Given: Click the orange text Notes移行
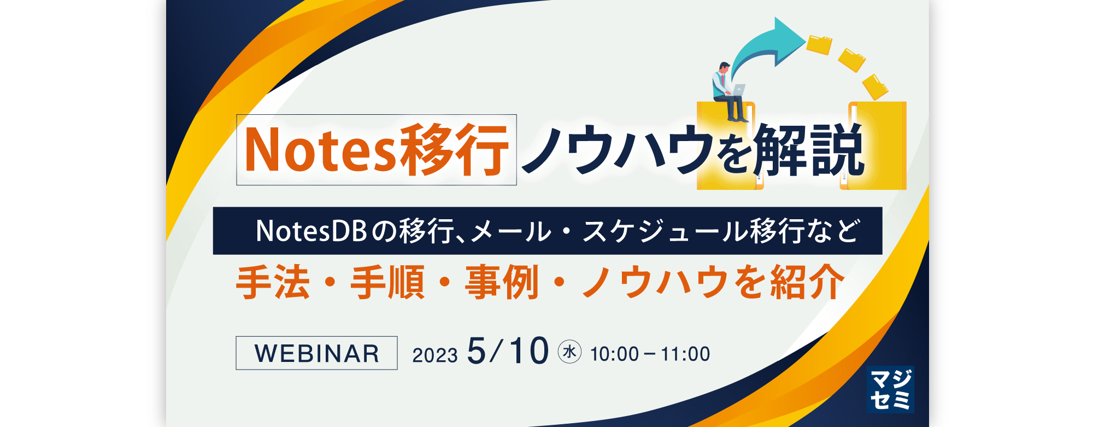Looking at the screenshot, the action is pyautogui.click(x=377, y=150).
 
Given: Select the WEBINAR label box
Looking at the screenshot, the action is pyautogui.click(x=316, y=353).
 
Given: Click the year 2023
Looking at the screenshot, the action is pyautogui.click(x=435, y=355).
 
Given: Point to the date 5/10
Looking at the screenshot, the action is pyautogui.click(x=508, y=351).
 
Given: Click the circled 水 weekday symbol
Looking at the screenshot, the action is pyautogui.click(x=569, y=352).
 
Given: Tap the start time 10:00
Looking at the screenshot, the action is pyautogui.click(x=614, y=354).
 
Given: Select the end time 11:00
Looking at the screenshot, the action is pyautogui.click(x=685, y=354).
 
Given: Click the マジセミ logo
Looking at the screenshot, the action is pyautogui.click(x=890, y=389).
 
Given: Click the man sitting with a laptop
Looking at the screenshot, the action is pyautogui.click(x=730, y=92).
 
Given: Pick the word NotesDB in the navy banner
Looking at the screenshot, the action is pyautogui.click(x=311, y=231).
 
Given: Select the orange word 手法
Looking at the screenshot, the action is pyautogui.click(x=273, y=282).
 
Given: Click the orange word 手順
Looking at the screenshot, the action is pyautogui.click(x=387, y=282).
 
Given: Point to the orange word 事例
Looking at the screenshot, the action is pyautogui.click(x=502, y=282).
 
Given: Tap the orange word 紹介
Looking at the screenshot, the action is pyautogui.click(x=808, y=282).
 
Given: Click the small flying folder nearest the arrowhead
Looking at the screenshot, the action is pyautogui.click(x=819, y=45).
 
